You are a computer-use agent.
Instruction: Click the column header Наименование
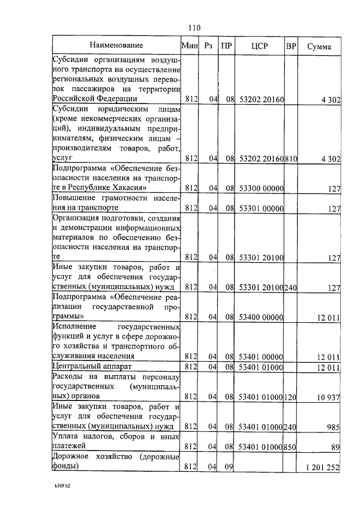click(x=116, y=45)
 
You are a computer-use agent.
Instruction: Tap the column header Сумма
click(x=319, y=46)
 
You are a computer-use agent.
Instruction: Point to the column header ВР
click(x=291, y=46)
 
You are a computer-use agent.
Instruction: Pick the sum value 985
click(x=333, y=427)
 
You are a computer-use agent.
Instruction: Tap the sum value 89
click(x=335, y=447)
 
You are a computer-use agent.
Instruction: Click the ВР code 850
click(x=291, y=447)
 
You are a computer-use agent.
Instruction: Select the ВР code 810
click(x=291, y=159)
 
